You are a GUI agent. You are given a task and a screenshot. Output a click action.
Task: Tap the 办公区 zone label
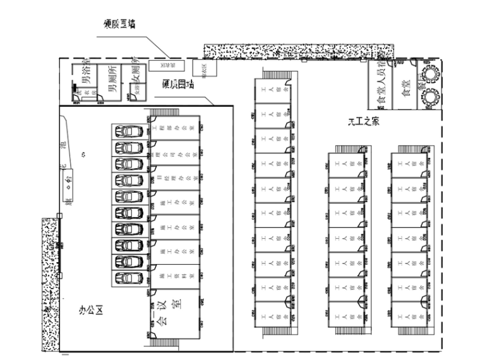click(90, 310)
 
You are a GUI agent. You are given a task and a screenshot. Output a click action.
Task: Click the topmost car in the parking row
click(129, 131)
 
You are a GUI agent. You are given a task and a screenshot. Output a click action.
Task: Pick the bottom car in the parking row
click(129, 278)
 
